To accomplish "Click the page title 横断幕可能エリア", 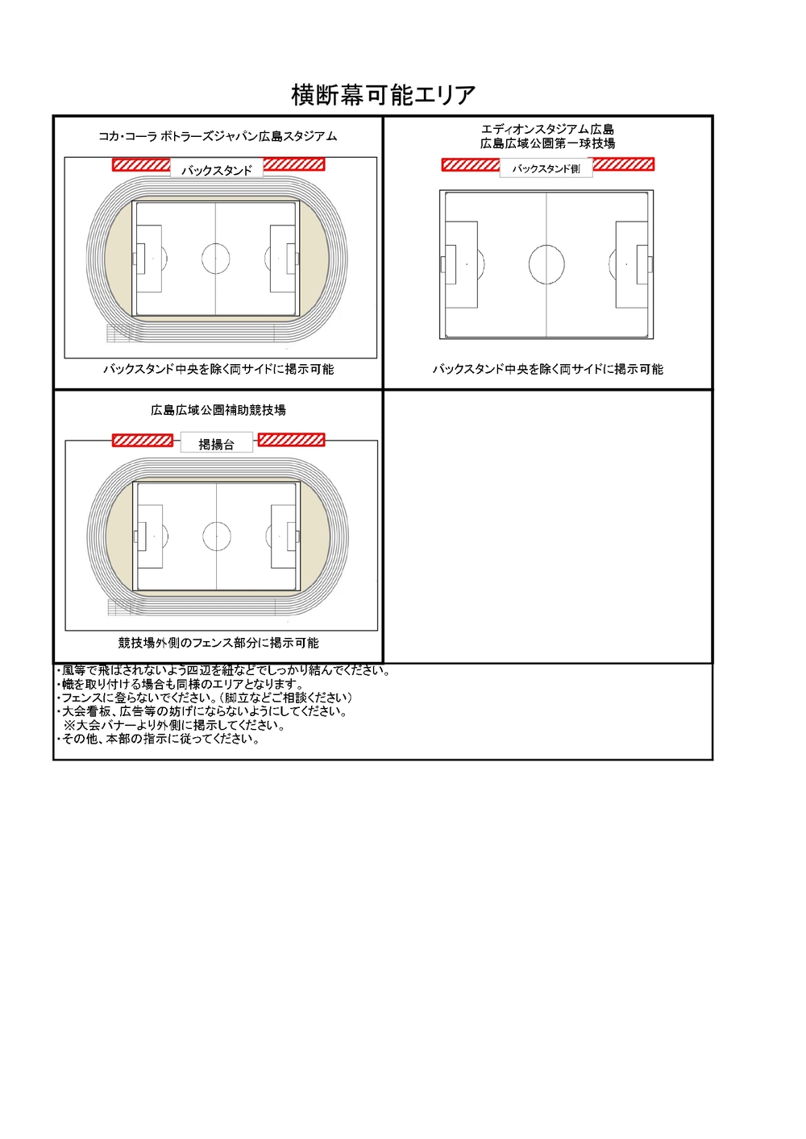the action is click(383, 95).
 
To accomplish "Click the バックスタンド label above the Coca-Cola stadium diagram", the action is click(216, 170).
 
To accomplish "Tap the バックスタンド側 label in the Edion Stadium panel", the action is click(546, 169).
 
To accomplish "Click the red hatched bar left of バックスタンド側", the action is click(471, 165).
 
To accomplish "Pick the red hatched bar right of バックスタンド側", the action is click(623, 164).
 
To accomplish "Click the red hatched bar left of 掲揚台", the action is click(143, 440).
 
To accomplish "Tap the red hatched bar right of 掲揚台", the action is click(291, 440).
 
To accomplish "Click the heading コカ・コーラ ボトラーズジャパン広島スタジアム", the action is click(218, 136).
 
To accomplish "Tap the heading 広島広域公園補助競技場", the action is click(218, 410).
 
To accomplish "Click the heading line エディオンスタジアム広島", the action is click(547, 130).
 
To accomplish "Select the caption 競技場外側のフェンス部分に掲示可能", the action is click(218, 643).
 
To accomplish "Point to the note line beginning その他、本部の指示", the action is click(159, 739).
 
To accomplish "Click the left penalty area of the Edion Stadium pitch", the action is click(461, 264).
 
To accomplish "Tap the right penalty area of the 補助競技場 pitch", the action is click(284, 536).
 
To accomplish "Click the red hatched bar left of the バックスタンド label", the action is click(141, 165).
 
